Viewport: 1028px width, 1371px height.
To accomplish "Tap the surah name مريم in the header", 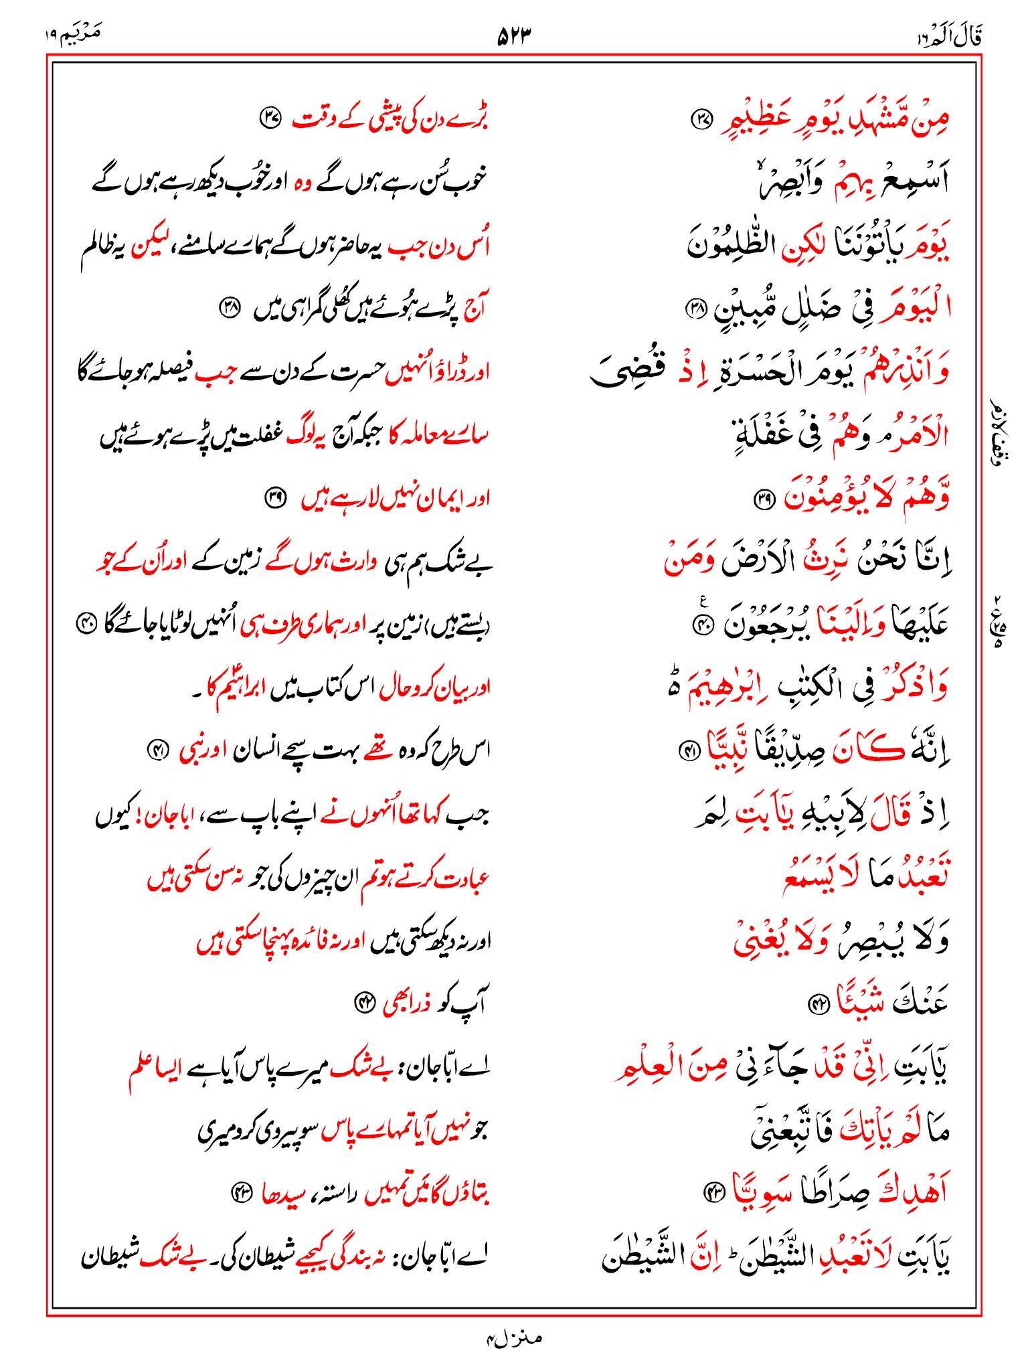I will pyautogui.click(x=75, y=33).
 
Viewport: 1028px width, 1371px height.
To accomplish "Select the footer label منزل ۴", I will pyautogui.click(x=513, y=1338).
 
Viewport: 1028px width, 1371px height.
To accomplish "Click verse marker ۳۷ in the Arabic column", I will pyautogui.click(x=701, y=120).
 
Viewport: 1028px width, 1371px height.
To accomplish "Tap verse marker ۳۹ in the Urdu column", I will pyautogui.click(x=275, y=497).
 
